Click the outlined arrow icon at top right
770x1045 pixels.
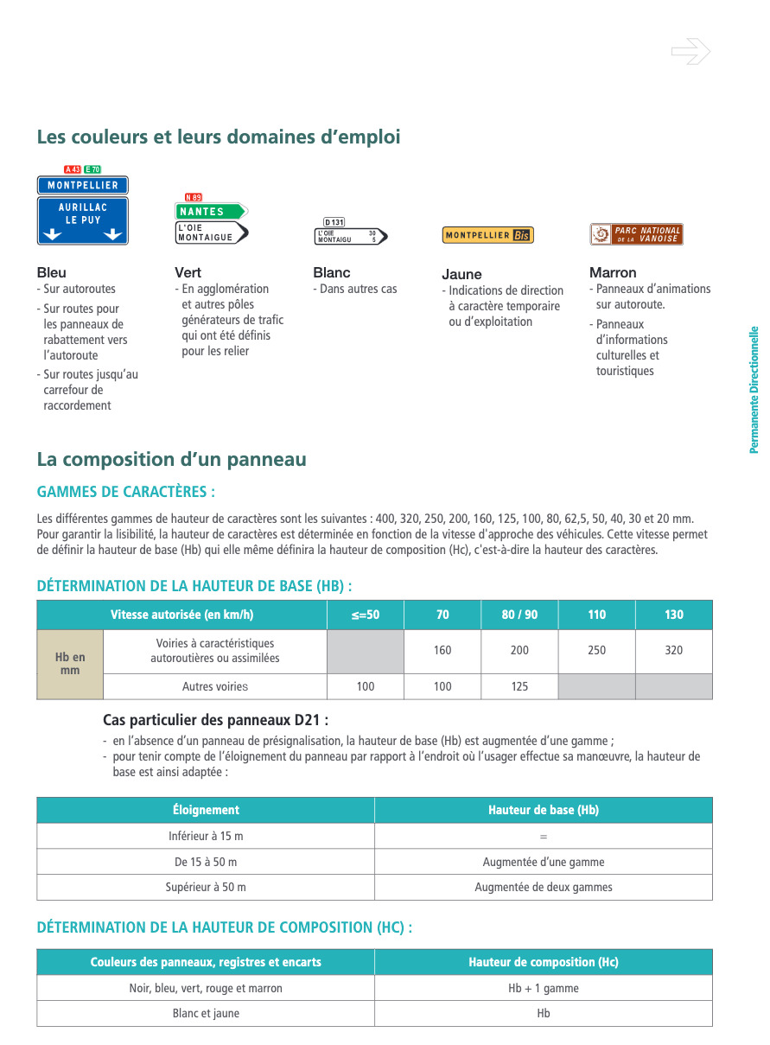(x=690, y=52)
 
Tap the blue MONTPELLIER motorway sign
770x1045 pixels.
(x=82, y=185)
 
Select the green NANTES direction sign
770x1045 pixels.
(x=210, y=211)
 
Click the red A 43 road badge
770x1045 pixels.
(x=73, y=169)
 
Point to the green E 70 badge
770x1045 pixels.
(x=92, y=169)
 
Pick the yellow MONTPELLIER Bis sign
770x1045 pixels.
(x=487, y=235)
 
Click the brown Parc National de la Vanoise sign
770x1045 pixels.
(x=636, y=234)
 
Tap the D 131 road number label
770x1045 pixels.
(x=334, y=222)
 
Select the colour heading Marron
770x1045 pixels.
(x=613, y=272)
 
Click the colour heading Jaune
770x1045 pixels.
(x=461, y=274)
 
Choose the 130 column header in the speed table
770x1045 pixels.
(x=673, y=615)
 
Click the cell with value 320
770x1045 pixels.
(x=673, y=650)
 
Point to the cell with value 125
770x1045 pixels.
(x=519, y=686)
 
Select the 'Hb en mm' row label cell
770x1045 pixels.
(x=70, y=664)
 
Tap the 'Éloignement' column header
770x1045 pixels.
(x=206, y=810)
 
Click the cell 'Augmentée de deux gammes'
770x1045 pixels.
(x=543, y=887)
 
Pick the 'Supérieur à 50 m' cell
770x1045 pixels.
(x=206, y=887)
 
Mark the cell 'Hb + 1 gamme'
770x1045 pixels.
(x=543, y=988)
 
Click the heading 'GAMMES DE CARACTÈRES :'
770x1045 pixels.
(x=126, y=492)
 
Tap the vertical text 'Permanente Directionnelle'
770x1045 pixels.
(x=754, y=389)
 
